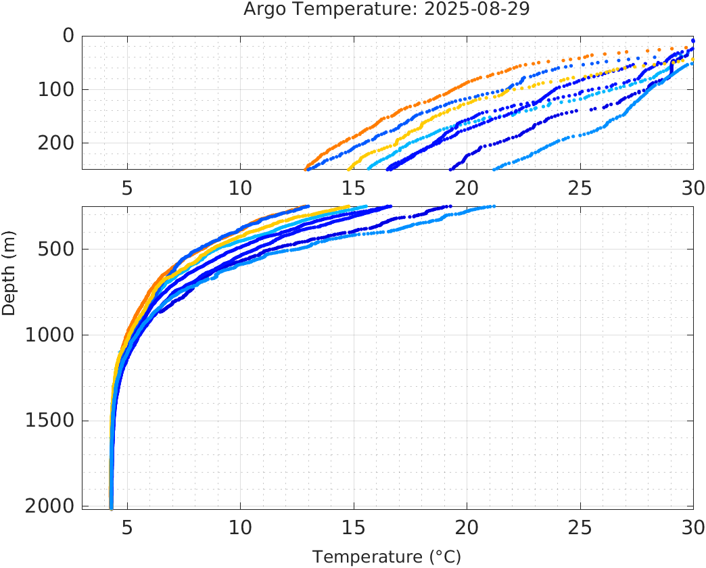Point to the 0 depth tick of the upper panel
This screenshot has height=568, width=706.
click(68, 35)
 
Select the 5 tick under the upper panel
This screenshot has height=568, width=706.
click(127, 188)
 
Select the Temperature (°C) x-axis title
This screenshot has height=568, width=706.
click(387, 557)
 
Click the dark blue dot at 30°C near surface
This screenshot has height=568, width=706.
click(693, 41)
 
